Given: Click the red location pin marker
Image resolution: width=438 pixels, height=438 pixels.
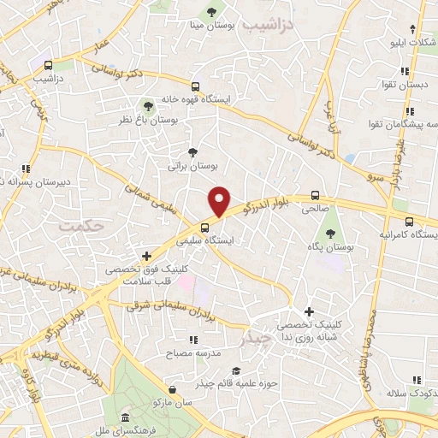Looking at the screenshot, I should click(220, 200).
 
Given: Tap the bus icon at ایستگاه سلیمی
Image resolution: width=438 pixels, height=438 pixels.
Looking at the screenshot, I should click(204, 228).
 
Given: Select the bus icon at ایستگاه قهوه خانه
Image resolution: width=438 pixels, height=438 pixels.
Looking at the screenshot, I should click(196, 86).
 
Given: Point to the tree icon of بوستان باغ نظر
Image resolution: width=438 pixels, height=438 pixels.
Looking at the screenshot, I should click(149, 104).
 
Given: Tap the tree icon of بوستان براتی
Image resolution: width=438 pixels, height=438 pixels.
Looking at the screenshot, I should click(192, 151).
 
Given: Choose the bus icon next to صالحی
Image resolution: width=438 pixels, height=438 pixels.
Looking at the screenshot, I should click(316, 194).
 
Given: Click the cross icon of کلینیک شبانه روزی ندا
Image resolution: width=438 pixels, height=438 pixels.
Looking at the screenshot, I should click(309, 312).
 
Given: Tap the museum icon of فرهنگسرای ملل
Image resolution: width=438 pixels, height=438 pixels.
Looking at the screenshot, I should click(127, 417).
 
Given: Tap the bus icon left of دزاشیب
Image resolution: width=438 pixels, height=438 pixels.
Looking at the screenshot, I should click(48, 64).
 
